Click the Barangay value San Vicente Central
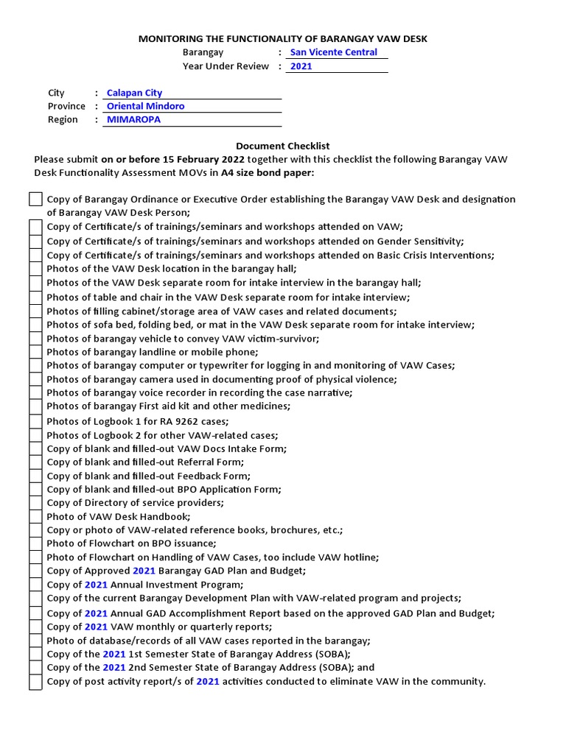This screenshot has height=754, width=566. pyautogui.click(x=333, y=52)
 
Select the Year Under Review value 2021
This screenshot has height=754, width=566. pyautogui.click(x=301, y=66)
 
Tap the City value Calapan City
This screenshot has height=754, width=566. pyautogui.click(x=134, y=93)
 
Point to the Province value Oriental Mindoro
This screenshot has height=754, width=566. pyautogui.click(x=145, y=106)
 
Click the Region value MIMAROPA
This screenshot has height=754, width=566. pyautogui.click(x=133, y=119)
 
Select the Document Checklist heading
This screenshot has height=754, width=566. pyautogui.click(x=282, y=147)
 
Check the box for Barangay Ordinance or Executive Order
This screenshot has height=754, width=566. pyautogui.click(x=35, y=200)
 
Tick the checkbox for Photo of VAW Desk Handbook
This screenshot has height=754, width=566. pyautogui.click(x=35, y=517)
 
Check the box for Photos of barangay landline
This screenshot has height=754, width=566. pyautogui.click(x=35, y=352)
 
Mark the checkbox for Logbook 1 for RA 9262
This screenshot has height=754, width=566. pyautogui.click(x=35, y=421)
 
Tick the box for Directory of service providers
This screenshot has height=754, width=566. pyautogui.click(x=35, y=503)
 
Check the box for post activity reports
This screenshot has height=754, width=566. pyautogui.click(x=35, y=682)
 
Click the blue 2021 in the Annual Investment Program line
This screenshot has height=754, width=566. pyautogui.click(x=96, y=585)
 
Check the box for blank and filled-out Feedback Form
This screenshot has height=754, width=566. pyautogui.click(x=35, y=476)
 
